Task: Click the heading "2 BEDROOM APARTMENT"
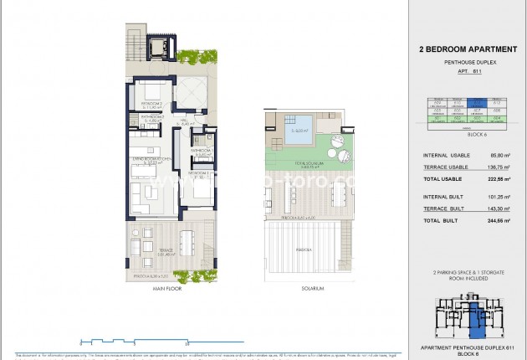click(x=468, y=49)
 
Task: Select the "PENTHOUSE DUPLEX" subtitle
click(x=468, y=63)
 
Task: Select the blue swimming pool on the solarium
click(x=299, y=131)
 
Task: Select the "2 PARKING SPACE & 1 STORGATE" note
click(x=468, y=273)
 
